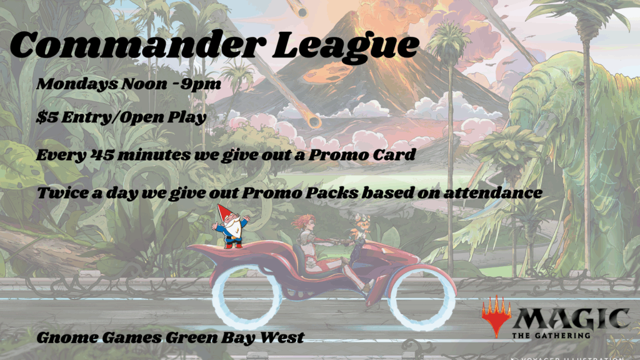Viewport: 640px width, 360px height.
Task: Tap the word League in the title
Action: point(346,46)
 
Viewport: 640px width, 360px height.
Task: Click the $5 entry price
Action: point(47,117)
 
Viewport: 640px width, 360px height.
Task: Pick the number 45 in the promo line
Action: point(99,155)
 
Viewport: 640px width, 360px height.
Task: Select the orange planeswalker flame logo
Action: point(496,316)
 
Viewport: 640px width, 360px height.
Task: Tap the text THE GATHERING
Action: point(551,336)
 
